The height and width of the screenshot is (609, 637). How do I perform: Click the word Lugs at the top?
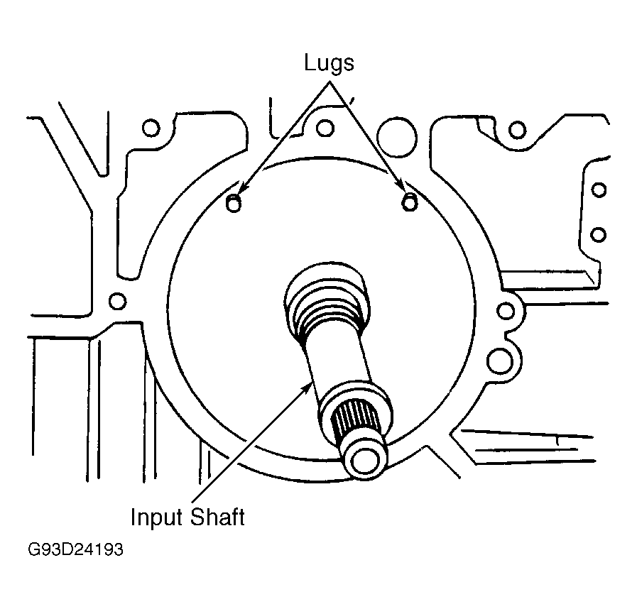[x=329, y=63]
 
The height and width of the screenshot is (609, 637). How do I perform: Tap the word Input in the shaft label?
[x=156, y=518]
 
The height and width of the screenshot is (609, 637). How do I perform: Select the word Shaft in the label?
[x=217, y=517]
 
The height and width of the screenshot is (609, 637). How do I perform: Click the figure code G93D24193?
[x=75, y=549]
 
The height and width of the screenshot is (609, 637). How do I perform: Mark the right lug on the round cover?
[x=410, y=202]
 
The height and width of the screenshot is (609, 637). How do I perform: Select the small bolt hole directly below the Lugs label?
[x=325, y=128]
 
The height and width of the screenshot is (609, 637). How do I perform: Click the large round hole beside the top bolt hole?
[x=397, y=137]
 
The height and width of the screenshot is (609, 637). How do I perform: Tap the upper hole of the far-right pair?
[x=599, y=190]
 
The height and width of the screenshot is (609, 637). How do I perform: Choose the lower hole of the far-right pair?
[x=598, y=235]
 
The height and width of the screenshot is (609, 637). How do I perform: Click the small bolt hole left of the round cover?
[x=117, y=301]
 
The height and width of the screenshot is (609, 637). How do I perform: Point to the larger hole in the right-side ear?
[x=499, y=361]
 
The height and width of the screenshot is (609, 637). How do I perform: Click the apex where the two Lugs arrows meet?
[x=330, y=83]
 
